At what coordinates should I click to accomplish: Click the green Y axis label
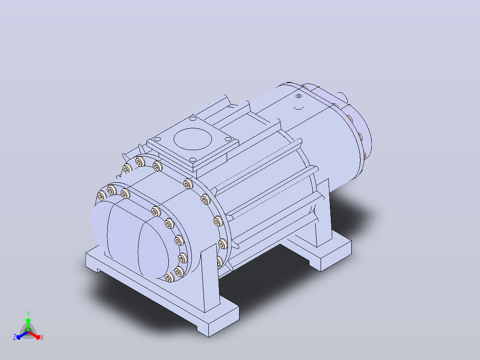tap(28, 313)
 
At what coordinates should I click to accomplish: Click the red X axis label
tap(42, 337)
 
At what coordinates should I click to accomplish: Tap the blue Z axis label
tap(14, 337)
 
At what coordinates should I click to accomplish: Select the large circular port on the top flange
tap(192, 139)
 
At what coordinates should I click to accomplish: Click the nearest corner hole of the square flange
tap(192, 160)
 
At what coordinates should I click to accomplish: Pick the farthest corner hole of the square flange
tap(192, 118)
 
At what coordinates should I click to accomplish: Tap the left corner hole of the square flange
tap(157, 139)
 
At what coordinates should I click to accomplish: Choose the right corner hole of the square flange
tap(228, 139)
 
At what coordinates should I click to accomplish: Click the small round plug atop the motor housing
tap(299, 96)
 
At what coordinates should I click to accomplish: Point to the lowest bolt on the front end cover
tap(169, 278)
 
